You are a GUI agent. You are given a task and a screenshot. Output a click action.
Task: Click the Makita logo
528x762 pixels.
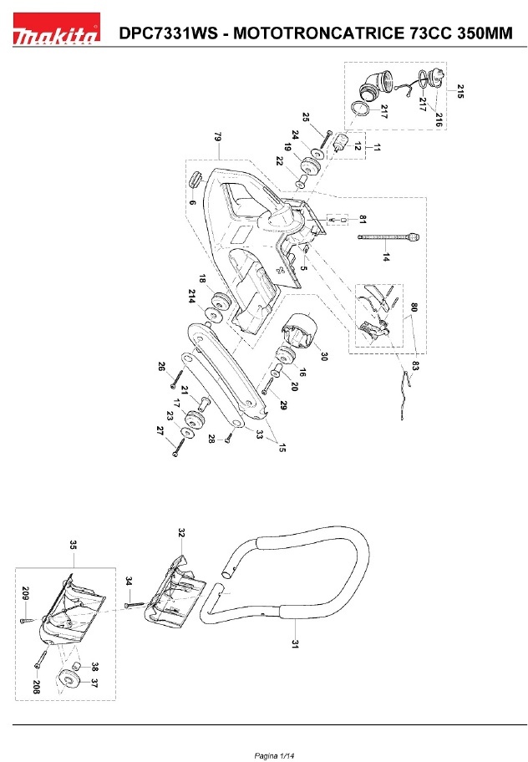55,34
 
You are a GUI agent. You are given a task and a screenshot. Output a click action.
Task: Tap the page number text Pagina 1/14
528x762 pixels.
275,755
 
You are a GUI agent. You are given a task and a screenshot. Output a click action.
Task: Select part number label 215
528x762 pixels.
459,89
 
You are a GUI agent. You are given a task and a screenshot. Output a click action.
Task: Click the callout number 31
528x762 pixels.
295,644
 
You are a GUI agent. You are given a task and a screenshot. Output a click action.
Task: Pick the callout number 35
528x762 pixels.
73,545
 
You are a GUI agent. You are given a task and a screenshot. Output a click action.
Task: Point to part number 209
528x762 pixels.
24,595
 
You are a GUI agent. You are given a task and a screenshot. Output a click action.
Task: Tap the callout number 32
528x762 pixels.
181,531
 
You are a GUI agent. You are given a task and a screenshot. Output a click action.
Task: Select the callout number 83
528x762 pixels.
415,364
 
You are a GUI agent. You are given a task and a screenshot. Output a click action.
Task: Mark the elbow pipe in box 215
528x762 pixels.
373,86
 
